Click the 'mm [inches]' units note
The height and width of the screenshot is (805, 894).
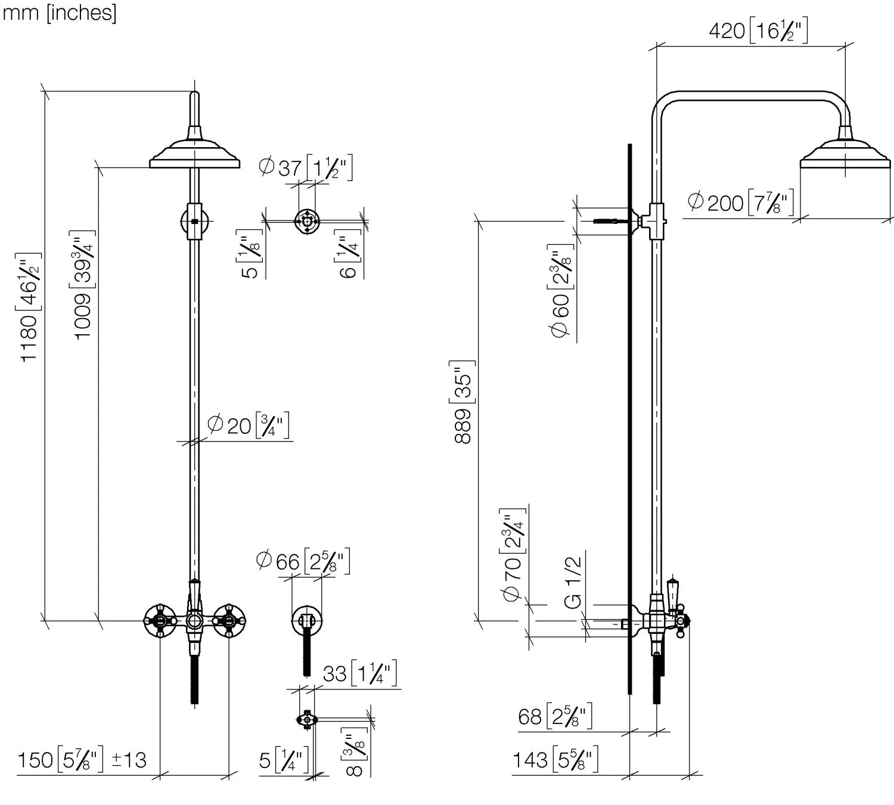(x=59, y=13)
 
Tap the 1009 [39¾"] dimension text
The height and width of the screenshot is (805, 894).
(x=83, y=284)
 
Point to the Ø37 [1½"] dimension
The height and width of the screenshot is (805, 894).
(x=306, y=167)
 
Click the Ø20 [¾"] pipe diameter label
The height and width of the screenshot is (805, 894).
(x=249, y=425)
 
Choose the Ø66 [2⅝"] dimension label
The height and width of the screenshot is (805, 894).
(x=303, y=561)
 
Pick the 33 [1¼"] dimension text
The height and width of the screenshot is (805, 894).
(x=359, y=673)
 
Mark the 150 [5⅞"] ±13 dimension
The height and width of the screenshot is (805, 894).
(x=82, y=760)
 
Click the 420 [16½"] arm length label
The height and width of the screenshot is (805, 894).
(x=758, y=30)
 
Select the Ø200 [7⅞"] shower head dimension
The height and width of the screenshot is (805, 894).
(x=740, y=203)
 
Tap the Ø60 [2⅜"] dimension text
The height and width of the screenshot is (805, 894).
(x=561, y=291)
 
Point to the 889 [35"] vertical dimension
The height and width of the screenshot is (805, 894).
(x=464, y=402)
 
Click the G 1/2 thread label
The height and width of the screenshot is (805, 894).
(x=573, y=582)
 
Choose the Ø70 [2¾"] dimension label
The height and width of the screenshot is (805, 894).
(x=513, y=555)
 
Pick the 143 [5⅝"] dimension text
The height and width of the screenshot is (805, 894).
(x=555, y=760)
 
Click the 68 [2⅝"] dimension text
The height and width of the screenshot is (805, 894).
(x=555, y=716)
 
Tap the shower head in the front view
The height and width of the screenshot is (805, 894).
(x=194, y=153)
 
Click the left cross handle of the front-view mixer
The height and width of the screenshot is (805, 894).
(x=160, y=621)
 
